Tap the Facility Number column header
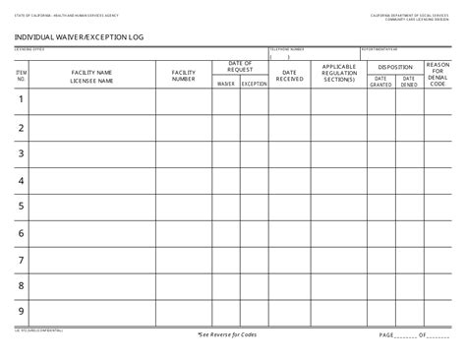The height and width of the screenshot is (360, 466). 184,76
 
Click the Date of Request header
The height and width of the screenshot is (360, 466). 240,67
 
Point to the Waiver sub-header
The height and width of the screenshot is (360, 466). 226,85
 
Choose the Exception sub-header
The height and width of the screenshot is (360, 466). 254,85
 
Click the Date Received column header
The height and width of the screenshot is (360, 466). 290,76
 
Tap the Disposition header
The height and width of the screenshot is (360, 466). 394,67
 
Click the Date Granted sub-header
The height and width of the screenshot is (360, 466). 380,84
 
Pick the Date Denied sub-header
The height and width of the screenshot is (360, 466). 408,84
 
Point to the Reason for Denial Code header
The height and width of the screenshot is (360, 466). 437,75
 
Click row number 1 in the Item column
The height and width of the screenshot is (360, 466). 21,99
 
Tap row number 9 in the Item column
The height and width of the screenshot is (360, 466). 21,311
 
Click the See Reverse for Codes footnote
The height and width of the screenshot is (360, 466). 229,334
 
